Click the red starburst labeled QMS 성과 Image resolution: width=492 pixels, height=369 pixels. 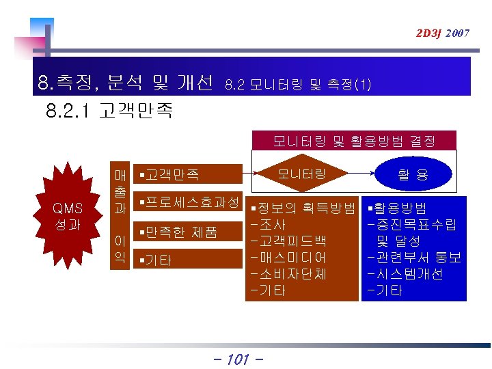click(x=68, y=217)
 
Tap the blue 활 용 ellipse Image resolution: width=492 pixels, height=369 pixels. click(x=413, y=175)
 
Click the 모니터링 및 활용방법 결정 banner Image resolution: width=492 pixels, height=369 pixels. click(x=353, y=141)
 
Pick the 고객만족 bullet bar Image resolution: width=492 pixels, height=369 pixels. click(x=189, y=175)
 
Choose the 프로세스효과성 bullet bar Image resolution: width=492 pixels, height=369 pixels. click(x=189, y=202)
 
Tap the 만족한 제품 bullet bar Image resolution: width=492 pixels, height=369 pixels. click(x=189, y=232)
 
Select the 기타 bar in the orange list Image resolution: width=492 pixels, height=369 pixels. click(x=189, y=260)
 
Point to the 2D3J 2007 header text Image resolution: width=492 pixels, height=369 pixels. click(x=443, y=33)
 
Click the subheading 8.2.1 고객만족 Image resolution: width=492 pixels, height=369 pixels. click(x=109, y=111)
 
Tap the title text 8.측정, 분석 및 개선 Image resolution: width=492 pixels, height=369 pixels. click(x=126, y=83)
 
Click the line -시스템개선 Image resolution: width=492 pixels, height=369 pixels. click(x=405, y=273)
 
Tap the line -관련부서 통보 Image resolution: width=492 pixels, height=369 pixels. click(x=413, y=257)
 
